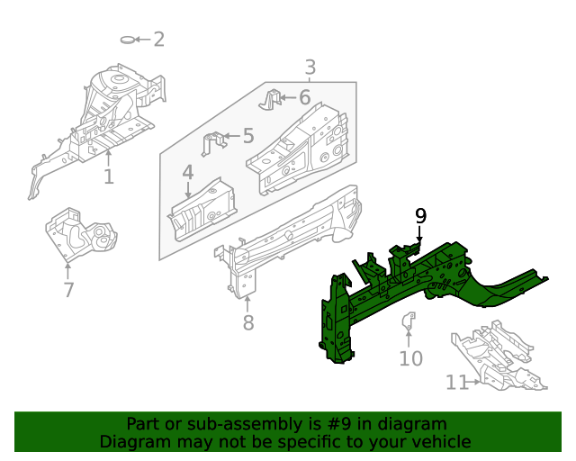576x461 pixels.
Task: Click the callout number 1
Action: tap(109, 176)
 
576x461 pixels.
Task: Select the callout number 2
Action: tap(158, 39)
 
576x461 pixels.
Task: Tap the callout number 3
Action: tap(310, 67)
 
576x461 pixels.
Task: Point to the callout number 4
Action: tap(187, 172)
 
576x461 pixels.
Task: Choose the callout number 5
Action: tap(247, 136)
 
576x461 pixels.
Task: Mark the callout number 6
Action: tap(304, 97)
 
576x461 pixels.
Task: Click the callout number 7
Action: tap(68, 290)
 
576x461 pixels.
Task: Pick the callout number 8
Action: tap(248, 322)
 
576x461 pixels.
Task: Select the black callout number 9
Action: tap(420, 215)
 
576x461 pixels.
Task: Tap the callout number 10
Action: tap(410, 359)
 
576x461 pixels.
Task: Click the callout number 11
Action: tap(456, 383)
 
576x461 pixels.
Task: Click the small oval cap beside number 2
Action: tap(129, 39)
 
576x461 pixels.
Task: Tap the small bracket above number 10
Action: tap(407, 319)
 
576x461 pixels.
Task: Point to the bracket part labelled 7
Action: tap(83, 236)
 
